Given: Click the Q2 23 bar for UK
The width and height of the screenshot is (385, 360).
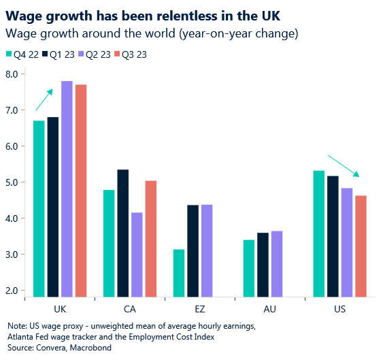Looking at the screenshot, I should (67, 189).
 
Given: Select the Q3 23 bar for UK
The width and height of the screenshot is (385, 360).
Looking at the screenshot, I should (81, 191).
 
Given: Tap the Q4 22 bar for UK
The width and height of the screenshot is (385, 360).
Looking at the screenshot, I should (39, 208).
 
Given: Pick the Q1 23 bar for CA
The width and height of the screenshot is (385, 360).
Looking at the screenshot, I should (123, 233).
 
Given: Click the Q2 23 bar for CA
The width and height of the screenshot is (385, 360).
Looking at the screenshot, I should (137, 255).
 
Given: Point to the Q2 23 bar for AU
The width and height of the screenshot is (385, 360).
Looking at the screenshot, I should (277, 263).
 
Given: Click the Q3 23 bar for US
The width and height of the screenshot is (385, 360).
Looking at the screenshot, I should (361, 246).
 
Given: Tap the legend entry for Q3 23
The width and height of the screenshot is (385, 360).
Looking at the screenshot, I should (137, 54).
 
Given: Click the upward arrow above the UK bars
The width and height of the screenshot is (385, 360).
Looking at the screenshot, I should (44, 99).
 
